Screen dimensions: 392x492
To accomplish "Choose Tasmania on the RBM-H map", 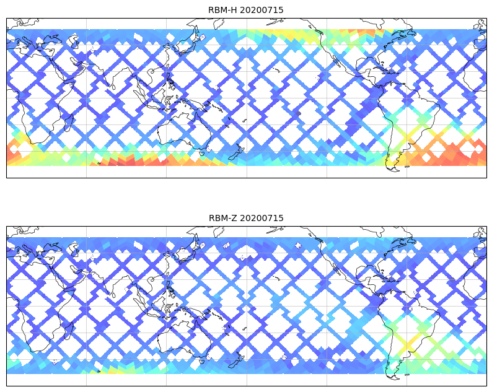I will coord(201,151).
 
